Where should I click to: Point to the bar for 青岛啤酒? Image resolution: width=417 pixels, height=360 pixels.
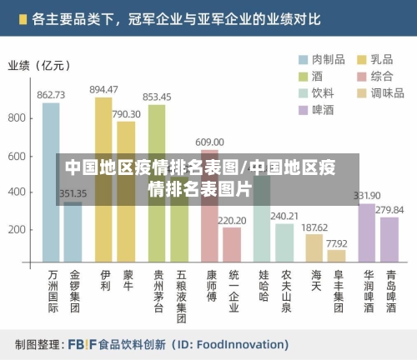point(389,241)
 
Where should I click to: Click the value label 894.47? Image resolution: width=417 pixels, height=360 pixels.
point(104,89)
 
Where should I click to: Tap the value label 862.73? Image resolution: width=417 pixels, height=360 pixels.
point(52,95)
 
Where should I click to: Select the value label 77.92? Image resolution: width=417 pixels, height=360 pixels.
point(337,243)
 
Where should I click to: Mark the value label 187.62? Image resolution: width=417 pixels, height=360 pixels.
point(314,227)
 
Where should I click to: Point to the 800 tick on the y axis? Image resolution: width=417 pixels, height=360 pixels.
point(18,118)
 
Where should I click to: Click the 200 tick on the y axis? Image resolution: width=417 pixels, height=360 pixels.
point(18,229)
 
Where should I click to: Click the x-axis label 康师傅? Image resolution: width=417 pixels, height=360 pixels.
point(212,285)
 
